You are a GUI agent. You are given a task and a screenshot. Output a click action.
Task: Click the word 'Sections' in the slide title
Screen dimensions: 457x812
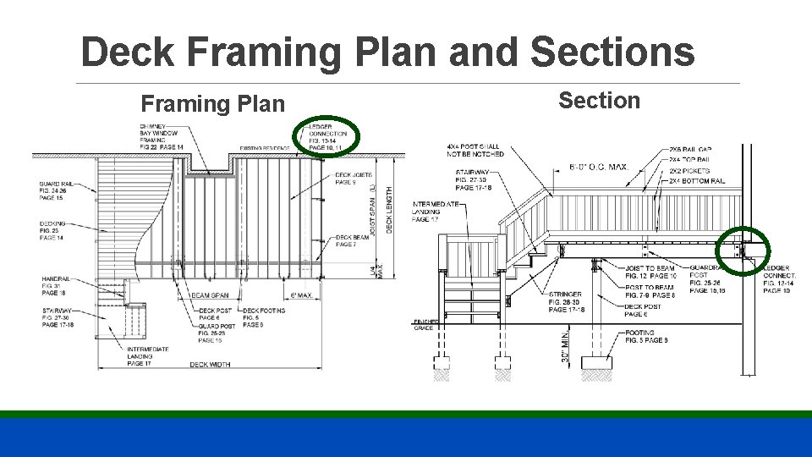point(612,52)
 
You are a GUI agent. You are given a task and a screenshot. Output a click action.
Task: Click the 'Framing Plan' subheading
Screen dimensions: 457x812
point(213,104)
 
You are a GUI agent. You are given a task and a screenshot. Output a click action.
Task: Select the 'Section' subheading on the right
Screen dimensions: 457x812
point(600,101)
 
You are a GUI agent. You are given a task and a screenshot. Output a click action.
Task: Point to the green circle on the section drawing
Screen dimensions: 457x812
point(742,251)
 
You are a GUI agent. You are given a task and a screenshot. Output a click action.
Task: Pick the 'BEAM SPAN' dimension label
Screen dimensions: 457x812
point(211,295)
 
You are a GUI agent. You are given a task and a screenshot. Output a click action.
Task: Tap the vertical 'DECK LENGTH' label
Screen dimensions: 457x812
point(390,211)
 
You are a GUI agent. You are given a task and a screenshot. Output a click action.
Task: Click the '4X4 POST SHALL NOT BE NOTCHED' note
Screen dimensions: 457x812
point(475,151)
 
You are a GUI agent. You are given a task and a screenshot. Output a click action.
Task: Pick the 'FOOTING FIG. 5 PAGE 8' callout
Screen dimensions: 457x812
point(647,336)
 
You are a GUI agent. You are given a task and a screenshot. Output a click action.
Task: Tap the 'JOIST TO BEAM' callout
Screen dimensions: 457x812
point(650,272)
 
